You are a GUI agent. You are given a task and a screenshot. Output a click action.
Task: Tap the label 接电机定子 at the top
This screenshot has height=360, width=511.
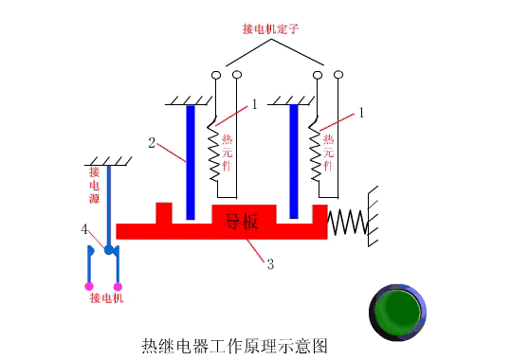(x=272, y=29)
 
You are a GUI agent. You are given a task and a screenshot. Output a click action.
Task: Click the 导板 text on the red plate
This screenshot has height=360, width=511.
(x=242, y=223)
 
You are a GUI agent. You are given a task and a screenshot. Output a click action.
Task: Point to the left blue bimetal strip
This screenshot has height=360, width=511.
(x=191, y=161)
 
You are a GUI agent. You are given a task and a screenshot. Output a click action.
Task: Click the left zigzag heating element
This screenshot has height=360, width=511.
(x=214, y=152)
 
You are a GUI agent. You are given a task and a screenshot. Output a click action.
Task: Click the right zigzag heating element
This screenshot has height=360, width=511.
(x=317, y=152)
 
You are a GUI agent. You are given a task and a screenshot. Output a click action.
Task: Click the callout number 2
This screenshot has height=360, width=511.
(x=152, y=143)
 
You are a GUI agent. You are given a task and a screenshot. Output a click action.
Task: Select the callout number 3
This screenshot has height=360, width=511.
(x=270, y=264)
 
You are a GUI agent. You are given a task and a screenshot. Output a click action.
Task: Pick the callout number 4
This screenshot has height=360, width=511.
(x=84, y=229)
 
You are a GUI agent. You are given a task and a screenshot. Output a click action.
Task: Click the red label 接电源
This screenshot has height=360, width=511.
(x=95, y=186)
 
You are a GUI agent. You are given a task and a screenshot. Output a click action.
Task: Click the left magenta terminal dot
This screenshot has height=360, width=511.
(x=88, y=285)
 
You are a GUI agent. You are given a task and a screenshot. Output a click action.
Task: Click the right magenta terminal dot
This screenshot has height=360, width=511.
(x=118, y=285)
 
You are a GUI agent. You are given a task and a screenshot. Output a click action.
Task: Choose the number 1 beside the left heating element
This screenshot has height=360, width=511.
(x=255, y=105)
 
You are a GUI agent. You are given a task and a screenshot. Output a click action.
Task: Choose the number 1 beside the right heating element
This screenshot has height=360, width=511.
(x=360, y=113)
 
